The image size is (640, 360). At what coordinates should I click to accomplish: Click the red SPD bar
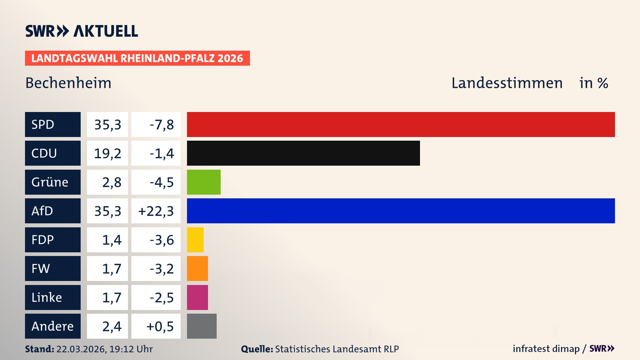point(401,124)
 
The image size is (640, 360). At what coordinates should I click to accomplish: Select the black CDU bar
point(303,153)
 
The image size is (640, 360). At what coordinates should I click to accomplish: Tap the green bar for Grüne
point(204,182)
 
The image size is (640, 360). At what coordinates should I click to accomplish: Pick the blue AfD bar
point(401,211)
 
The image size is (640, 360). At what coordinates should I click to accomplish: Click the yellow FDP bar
point(195,240)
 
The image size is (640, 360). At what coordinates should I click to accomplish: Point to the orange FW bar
point(197,268)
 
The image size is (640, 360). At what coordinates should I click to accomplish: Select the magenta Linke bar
point(197,297)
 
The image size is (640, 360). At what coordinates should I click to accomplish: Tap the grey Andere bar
point(202,326)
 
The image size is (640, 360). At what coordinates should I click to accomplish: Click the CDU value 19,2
point(107,153)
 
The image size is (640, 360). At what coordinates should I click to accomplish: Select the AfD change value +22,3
point(156,211)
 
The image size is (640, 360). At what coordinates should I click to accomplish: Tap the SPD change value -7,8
point(161,125)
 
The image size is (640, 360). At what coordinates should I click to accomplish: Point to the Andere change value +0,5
point(160,326)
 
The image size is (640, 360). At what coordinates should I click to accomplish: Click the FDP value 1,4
point(112,240)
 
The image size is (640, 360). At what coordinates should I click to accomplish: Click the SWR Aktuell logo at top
point(82,31)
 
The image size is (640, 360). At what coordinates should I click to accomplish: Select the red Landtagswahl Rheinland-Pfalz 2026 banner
point(137,58)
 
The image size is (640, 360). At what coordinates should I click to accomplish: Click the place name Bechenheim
point(68,83)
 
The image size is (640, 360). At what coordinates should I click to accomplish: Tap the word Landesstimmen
point(507,83)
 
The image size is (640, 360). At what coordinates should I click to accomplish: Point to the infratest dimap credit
point(546,349)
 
